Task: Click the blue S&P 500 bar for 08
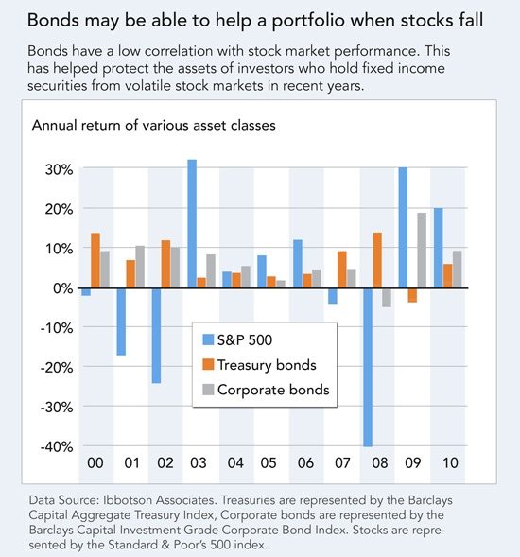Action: (368, 367)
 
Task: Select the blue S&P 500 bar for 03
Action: (192, 224)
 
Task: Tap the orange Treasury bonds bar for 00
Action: (95, 260)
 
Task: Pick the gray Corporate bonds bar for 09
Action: (422, 251)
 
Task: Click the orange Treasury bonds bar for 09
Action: (412, 295)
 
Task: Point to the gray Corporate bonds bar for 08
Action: (387, 298)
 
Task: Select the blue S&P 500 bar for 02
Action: (156, 336)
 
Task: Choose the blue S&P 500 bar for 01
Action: (121, 322)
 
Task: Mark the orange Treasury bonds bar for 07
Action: (342, 270)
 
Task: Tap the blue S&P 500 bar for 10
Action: (439, 248)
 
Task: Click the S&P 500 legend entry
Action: (237, 339)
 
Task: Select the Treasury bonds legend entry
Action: (259, 365)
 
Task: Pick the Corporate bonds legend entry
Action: (266, 390)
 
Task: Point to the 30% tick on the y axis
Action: (59, 170)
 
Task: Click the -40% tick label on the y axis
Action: (57, 446)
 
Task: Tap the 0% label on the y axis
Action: (63, 288)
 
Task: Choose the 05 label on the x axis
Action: (269, 462)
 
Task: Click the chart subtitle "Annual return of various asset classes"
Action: (154, 126)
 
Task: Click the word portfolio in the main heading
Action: (308, 21)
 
